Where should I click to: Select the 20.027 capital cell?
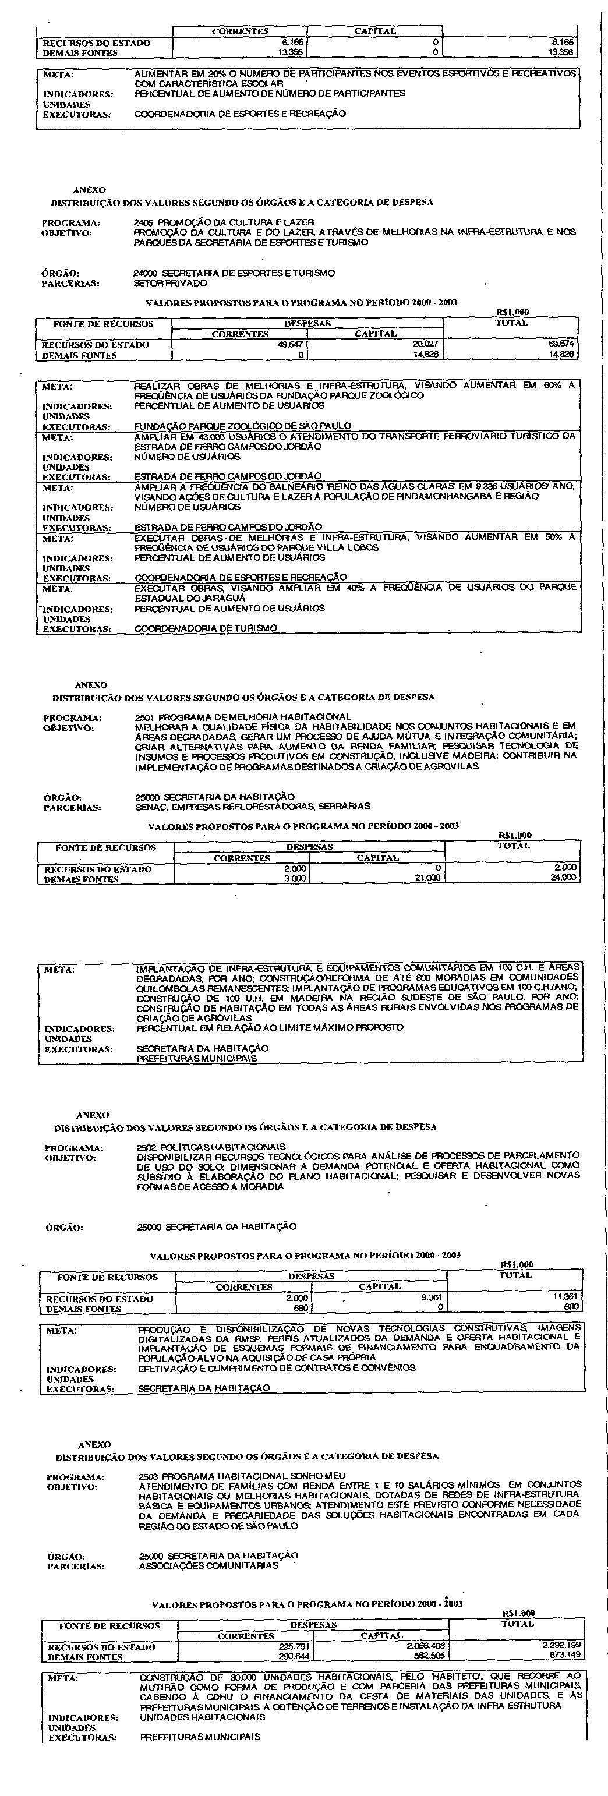(424, 344)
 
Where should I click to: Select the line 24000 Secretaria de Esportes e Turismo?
(234, 273)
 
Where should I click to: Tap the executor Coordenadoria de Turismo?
(205, 628)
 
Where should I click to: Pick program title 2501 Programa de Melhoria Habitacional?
(243, 717)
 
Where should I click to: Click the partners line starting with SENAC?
(252, 807)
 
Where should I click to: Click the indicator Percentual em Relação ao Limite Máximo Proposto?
(269, 1028)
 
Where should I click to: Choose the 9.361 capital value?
(430, 1298)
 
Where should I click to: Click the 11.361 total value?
(566, 1298)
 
